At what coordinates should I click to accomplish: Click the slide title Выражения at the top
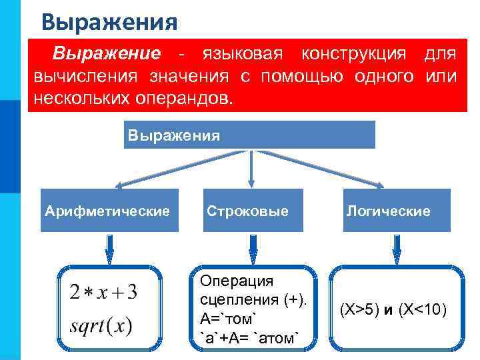coord(109,22)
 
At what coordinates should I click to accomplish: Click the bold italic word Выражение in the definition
coord(107,53)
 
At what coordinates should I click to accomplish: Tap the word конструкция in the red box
coord(349,53)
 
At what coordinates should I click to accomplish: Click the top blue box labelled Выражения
coord(249,135)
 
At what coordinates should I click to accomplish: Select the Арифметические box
coord(109,211)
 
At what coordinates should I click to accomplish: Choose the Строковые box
coord(248,211)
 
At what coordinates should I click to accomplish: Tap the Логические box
coord(388,211)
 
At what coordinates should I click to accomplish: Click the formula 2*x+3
coord(103,292)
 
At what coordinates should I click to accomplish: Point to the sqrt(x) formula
coord(101,327)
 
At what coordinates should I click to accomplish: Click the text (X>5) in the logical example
coord(359,310)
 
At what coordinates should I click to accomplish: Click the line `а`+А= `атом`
coord(250,338)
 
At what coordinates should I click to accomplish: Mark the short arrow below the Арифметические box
coord(110,248)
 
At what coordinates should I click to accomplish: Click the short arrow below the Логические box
coord(396,248)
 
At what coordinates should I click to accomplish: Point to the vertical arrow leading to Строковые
coord(250,167)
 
